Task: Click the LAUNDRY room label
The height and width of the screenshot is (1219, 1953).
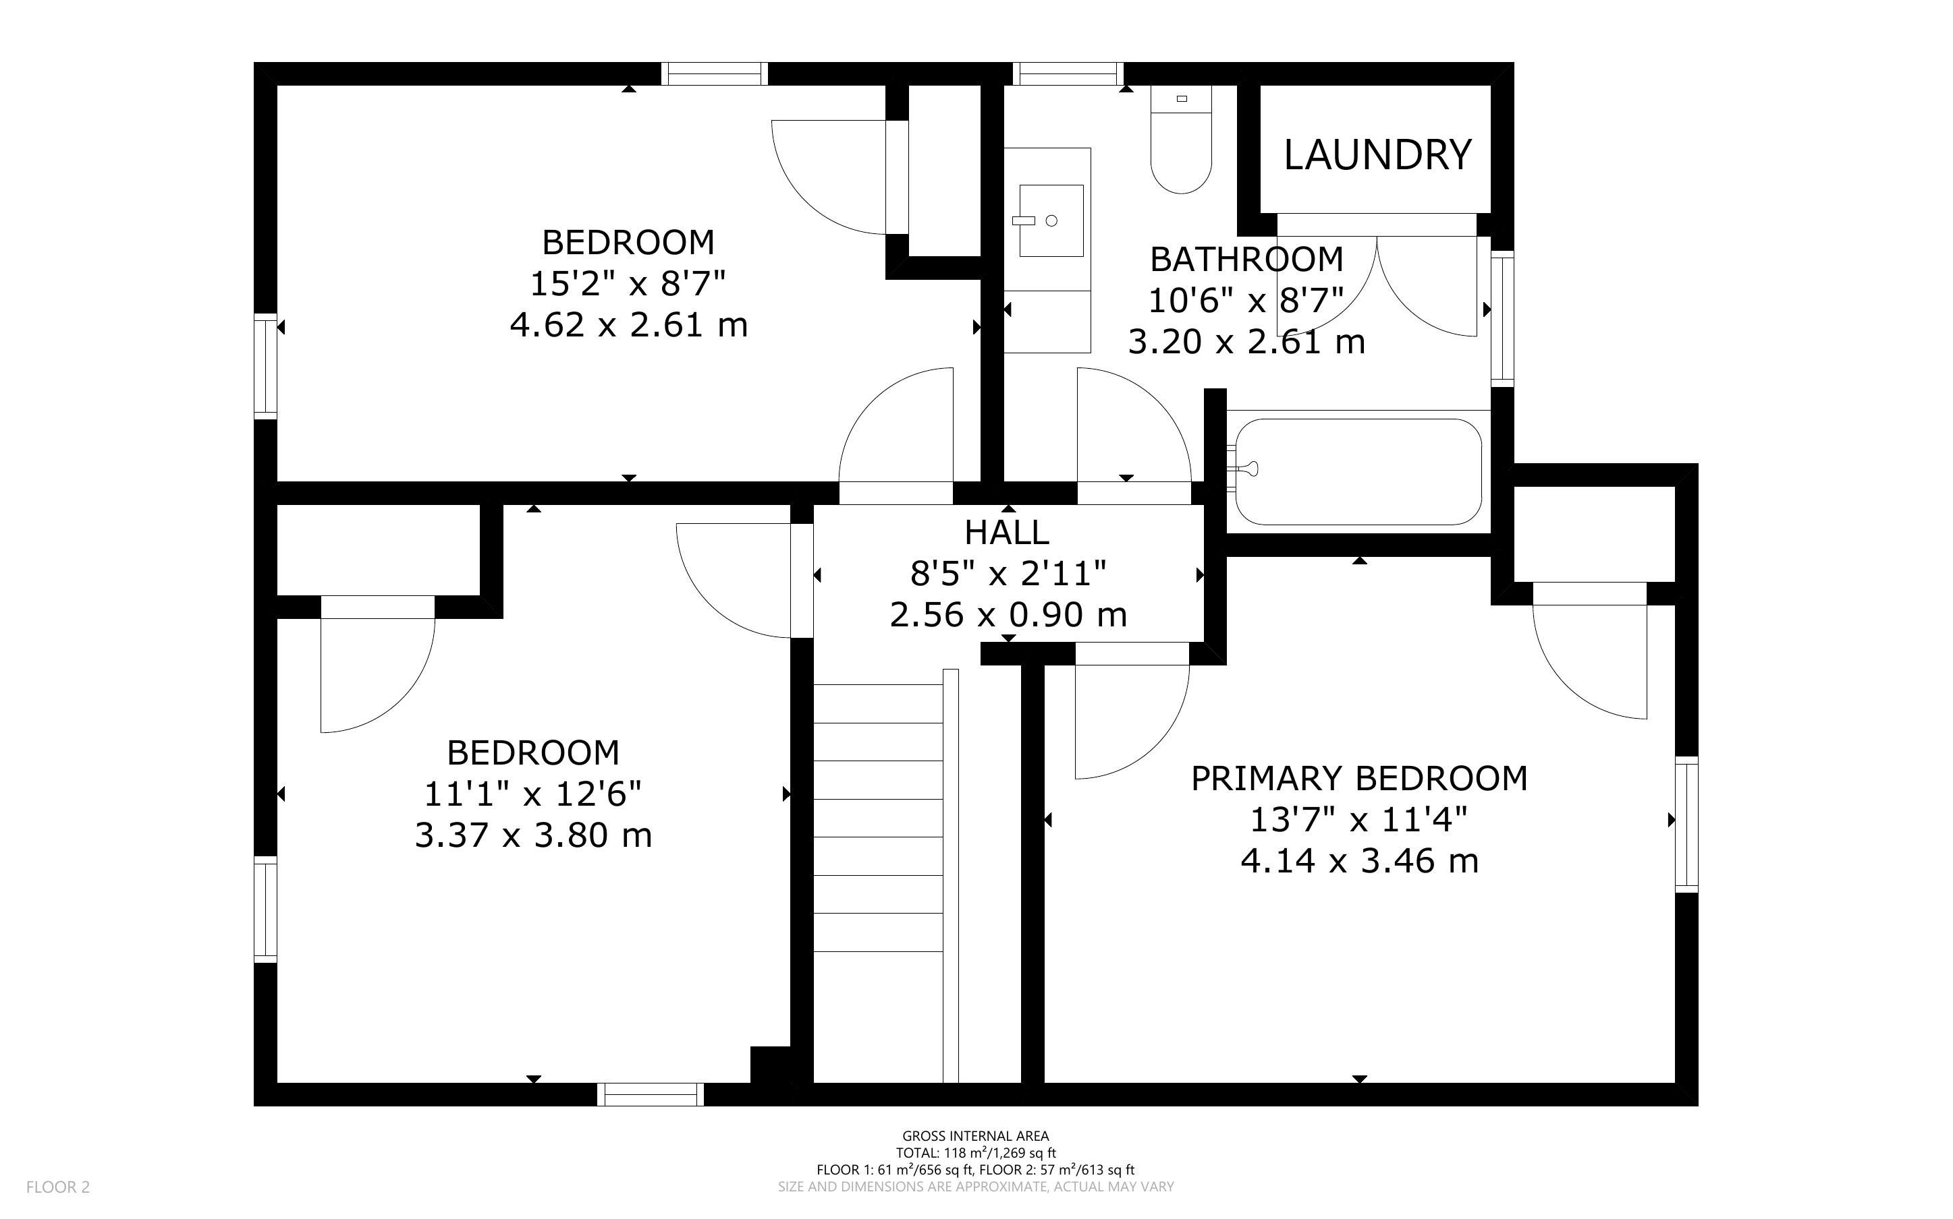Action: pyautogui.click(x=1377, y=155)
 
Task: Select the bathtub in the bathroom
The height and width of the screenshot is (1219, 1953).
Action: pyautogui.click(x=1358, y=472)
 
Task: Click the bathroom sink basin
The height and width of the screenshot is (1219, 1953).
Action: pyautogui.click(x=1051, y=220)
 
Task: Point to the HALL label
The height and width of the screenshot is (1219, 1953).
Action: pyautogui.click(x=1007, y=532)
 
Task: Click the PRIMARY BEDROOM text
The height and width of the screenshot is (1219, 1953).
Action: pyautogui.click(x=1359, y=778)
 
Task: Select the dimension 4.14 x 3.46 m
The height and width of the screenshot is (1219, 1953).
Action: pyautogui.click(x=1359, y=861)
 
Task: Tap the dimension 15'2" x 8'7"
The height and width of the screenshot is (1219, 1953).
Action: pyautogui.click(x=628, y=284)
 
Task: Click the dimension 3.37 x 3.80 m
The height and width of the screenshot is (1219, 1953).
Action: pyautogui.click(x=533, y=835)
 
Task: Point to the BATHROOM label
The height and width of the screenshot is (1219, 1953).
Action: pyautogui.click(x=1246, y=259)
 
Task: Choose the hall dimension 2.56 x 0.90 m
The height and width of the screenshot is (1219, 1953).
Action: pyautogui.click(x=1008, y=615)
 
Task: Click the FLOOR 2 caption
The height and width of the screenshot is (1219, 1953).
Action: pyautogui.click(x=58, y=1187)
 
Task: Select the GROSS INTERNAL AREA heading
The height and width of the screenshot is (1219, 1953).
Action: pyautogui.click(x=975, y=1137)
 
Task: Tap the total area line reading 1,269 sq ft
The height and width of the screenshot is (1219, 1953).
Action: pyautogui.click(x=975, y=1153)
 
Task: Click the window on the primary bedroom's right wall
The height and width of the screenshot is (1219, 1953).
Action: pyautogui.click(x=1687, y=825)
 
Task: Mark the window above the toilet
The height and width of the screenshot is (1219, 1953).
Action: pyautogui.click(x=1069, y=74)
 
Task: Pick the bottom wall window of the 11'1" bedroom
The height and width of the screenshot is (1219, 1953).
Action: pyautogui.click(x=650, y=1094)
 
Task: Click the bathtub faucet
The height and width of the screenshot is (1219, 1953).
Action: pyautogui.click(x=1242, y=468)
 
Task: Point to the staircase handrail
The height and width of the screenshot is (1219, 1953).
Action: pyautogui.click(x=950, y=876)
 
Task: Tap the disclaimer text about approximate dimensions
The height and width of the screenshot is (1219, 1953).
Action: pyautogui.click(x=975, y=1187)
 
